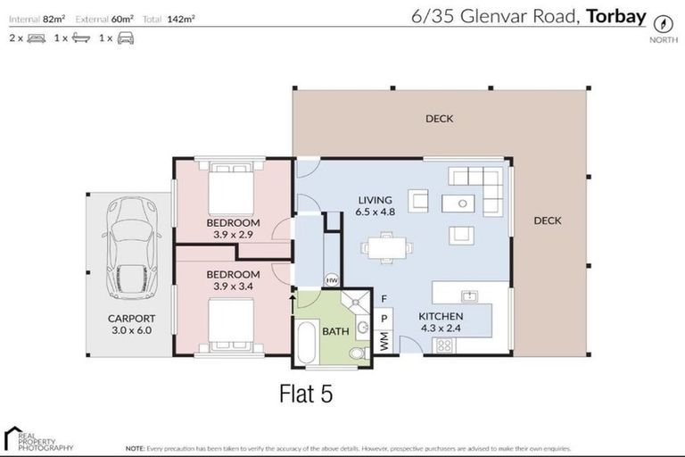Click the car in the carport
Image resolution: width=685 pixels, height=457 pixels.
(x=130, y=249)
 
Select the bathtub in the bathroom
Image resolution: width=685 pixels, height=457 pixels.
(x=305, y=342)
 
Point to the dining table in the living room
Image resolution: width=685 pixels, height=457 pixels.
(x=386, y=246)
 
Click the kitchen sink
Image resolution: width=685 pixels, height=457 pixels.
(x=466, y=295)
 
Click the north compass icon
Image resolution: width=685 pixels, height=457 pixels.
(x=662, y=24)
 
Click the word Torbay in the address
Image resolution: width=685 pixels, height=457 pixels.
(x=616, y=15)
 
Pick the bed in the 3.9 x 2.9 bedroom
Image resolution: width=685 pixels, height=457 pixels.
(x=231, y=187)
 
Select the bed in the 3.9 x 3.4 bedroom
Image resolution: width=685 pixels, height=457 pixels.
(x=231, y=323)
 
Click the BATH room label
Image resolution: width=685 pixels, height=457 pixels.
(x=335, y=331)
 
